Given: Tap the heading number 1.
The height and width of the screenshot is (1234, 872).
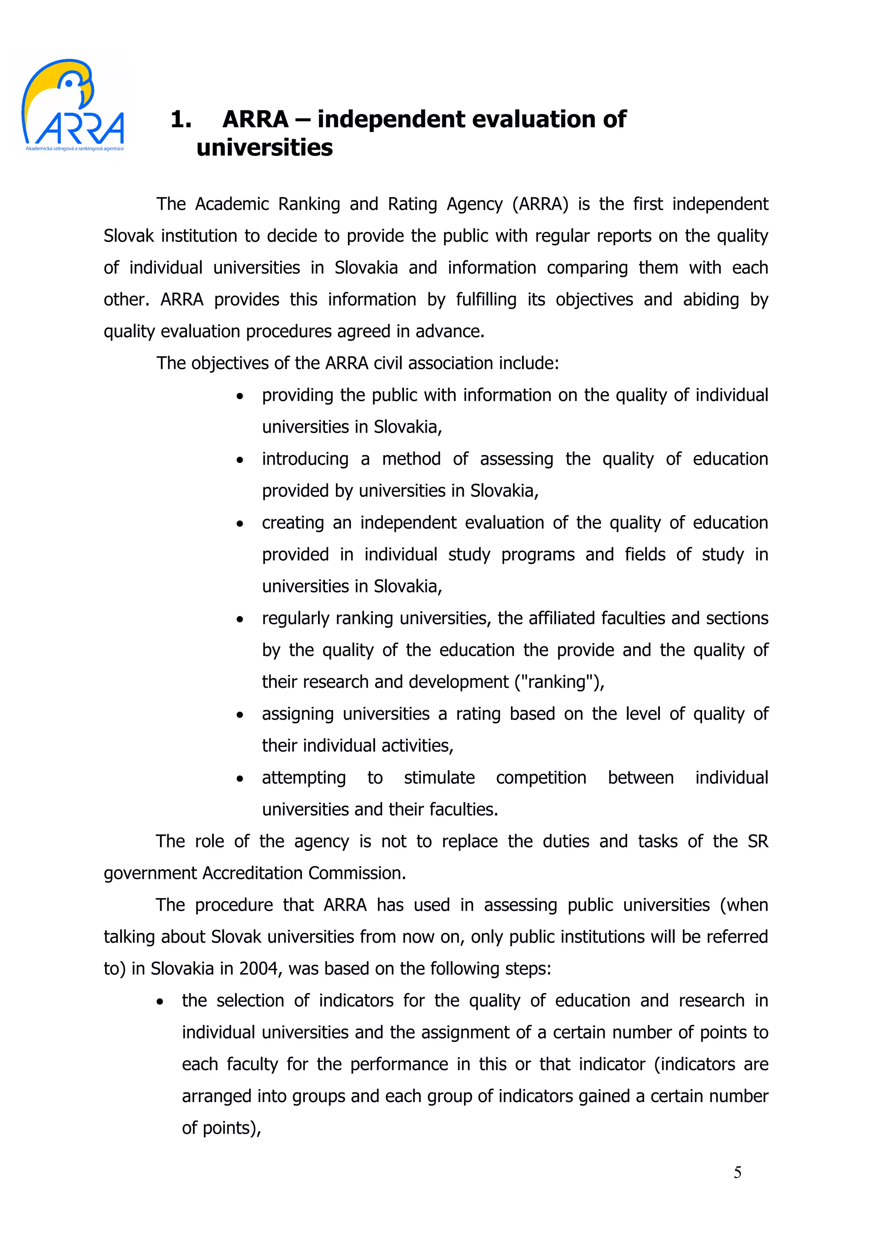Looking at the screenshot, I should pyautogui.click(x=181, y=119).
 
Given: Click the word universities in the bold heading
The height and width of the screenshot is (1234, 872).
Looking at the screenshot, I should pyautogui.click(x=264, y=148).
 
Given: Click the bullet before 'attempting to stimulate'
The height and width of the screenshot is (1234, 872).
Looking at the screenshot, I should pyautogui.click(x=240, y=779).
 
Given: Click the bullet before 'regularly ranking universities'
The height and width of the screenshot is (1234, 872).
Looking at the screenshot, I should pyautogui.click(x=240, y=620).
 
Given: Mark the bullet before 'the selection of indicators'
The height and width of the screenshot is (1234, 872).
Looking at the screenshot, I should pyautogui.click(x=160, y=1002).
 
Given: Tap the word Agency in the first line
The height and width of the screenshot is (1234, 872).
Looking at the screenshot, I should pyautogui.click(x=474, y=204).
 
